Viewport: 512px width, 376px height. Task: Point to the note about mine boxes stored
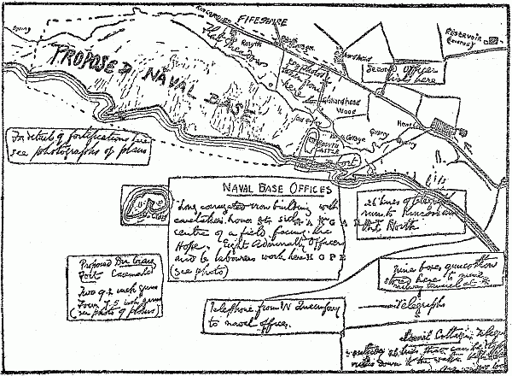[x=427, y=273]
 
